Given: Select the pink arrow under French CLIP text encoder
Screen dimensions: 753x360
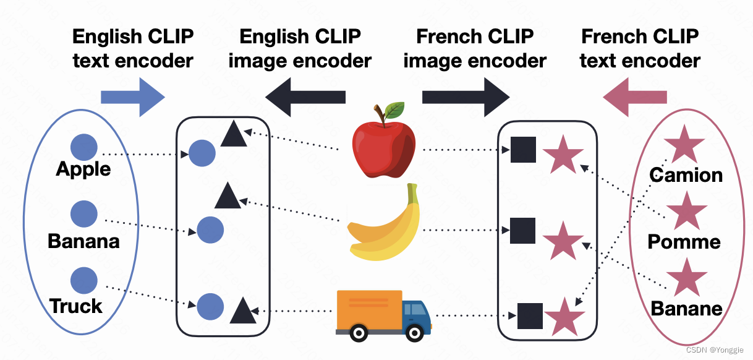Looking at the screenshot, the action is [x=635, y=96].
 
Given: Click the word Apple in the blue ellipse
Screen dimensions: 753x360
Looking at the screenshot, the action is [x=83, y=169].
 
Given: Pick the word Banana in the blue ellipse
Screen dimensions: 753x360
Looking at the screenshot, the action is [x=83, y=241].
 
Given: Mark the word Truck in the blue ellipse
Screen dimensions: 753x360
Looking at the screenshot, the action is [x=76, y=306].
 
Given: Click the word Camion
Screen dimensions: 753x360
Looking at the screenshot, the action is [x=686, y=175].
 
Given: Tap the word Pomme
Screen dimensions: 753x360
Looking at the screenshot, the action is [x=684, y=241].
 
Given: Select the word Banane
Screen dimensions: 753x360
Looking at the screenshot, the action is [x=686, y=307].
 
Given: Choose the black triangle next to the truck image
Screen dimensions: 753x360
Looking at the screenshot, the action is [x=242, y=311].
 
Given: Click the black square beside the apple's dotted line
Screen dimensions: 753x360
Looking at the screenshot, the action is [x=523, y=150].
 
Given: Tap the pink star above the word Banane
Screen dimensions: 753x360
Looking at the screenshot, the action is [x=686, y=278].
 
